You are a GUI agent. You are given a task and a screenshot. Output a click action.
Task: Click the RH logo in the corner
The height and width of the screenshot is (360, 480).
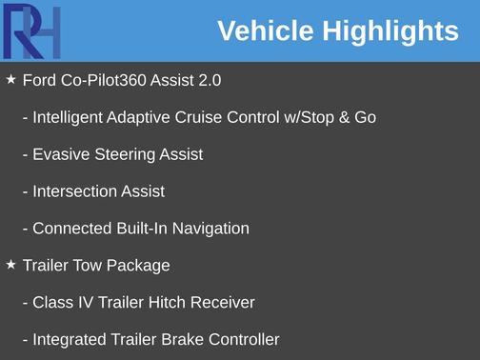pos(30,30)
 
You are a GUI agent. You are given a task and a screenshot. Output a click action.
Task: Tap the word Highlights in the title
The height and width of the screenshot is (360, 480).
pos(390,31)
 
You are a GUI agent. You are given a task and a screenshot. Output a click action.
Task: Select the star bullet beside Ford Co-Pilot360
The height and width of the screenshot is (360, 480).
pos(10,80)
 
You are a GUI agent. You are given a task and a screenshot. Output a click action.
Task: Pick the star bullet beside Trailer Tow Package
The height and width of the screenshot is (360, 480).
pos(10,265)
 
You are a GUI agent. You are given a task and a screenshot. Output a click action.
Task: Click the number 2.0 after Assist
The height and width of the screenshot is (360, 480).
pos(210,81)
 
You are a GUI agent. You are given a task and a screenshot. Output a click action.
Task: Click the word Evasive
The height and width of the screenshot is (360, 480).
pos(60,154)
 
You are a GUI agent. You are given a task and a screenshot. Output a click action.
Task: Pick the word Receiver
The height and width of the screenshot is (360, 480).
pos(221,303)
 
